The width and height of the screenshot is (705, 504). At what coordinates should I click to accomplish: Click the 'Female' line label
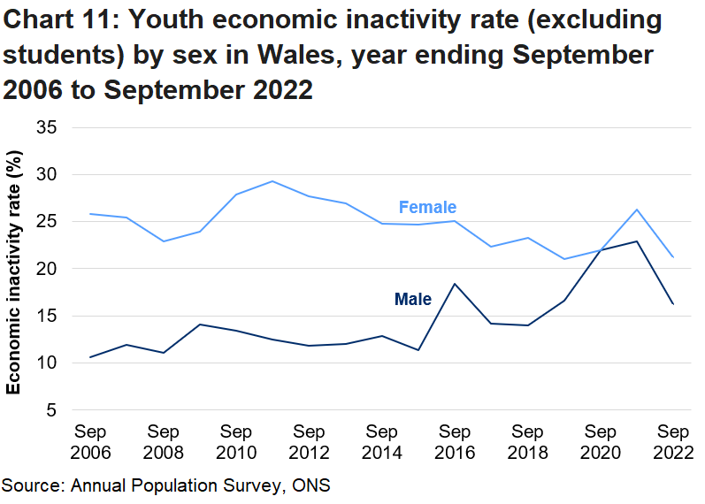427,208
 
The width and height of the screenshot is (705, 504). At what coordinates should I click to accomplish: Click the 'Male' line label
412,300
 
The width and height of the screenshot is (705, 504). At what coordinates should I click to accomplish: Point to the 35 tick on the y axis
48,128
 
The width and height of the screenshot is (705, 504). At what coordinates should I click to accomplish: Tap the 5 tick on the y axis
52,410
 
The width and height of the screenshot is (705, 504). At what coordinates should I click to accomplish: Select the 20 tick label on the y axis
48,269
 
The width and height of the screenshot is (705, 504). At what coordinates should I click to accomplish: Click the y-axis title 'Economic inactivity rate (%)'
15,272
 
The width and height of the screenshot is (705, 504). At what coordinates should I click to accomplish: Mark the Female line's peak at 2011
272,181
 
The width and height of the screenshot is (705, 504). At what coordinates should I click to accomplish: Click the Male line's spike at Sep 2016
455,284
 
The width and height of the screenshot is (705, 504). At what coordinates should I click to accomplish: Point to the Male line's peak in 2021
637,241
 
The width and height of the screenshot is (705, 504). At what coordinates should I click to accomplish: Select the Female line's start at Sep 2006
90,214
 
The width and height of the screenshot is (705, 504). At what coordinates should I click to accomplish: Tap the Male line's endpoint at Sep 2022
673,304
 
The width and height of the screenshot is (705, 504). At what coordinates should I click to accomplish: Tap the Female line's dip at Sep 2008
164,241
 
